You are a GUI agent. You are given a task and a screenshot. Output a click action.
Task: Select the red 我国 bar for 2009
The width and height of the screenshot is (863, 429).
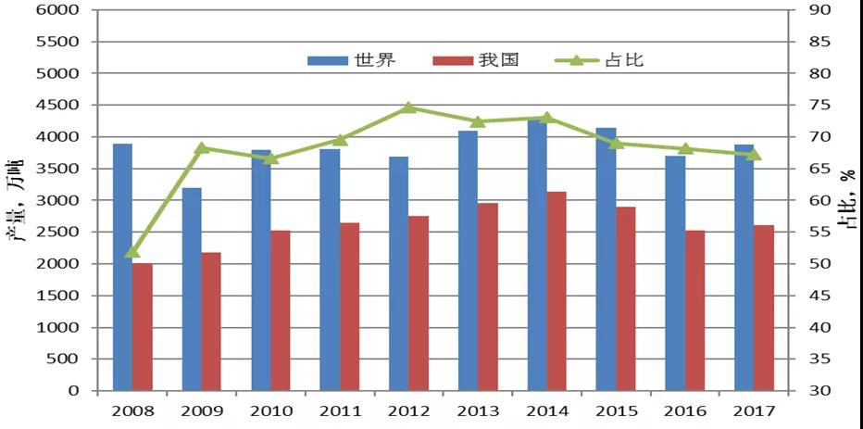coord(211,321)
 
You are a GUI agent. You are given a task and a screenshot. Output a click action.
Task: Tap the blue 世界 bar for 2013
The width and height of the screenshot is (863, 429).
coord(468,260)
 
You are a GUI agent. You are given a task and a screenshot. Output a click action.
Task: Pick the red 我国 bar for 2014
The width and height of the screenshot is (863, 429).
coord(557,291)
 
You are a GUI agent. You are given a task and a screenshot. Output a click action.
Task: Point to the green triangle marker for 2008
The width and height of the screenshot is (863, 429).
coord(132,251)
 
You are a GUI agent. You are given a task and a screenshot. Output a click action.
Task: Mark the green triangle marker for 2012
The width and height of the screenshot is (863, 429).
coord(408,107)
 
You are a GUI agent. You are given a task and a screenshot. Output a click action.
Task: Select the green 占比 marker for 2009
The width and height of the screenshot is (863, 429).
coord(202,147)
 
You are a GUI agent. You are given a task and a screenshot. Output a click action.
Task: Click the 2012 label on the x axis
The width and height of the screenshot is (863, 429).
coord(408,410)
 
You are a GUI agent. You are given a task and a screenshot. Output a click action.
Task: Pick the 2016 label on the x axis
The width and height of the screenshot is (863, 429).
coord(685,410)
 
